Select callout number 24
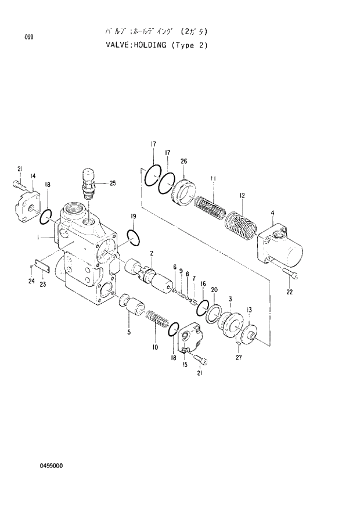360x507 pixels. coord(31,282)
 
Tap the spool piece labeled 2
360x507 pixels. coord(150,278)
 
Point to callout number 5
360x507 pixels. coord(129,333)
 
